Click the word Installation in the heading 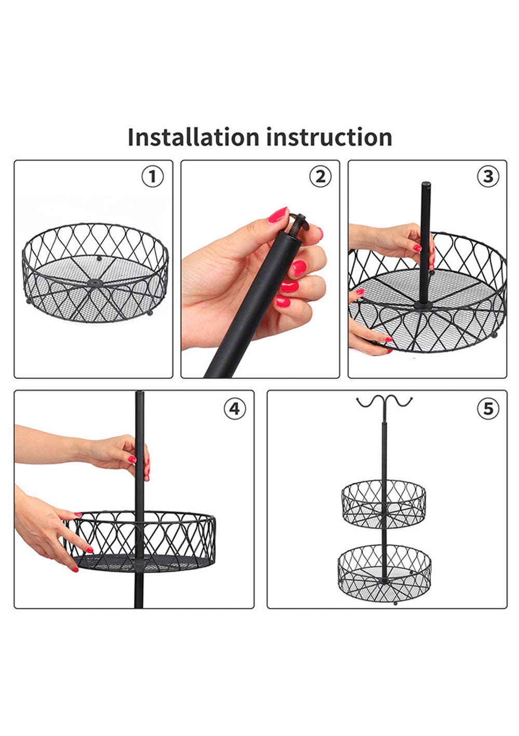(193, 137)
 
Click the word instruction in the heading (329, 137)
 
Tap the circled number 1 (153, 177)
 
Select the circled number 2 (320, 177)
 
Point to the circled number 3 (488, 177)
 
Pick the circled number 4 (235, 409)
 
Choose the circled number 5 (488, 409)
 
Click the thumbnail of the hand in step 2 (278, 215)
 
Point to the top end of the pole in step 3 (426, 184)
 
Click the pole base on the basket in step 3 (424, 305)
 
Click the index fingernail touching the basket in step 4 (89, 549)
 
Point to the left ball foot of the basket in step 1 (28, 300)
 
